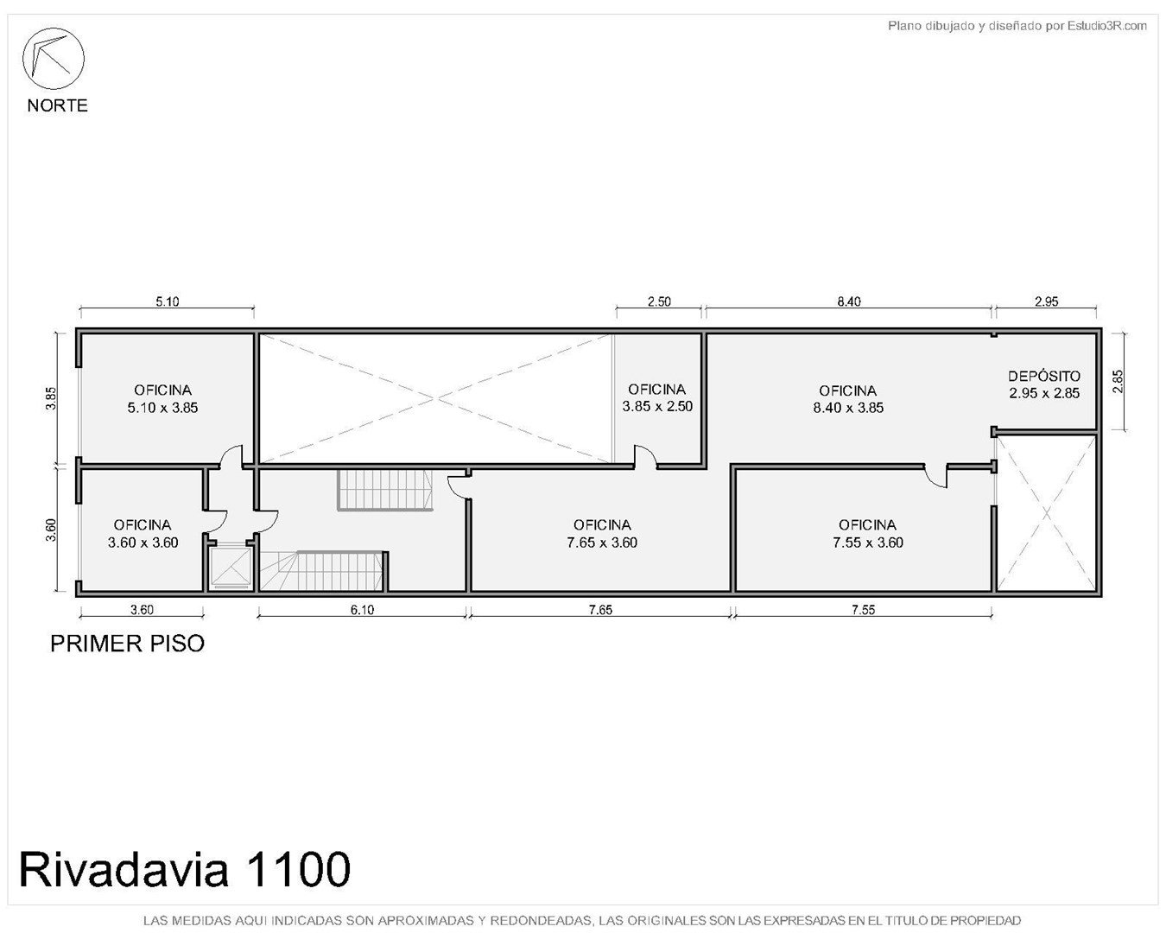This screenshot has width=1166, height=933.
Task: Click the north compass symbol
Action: (x=53, y=59)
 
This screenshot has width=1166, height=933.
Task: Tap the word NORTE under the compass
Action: (x=57, y=105)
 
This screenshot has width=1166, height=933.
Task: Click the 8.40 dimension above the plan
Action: (x=848, y=301)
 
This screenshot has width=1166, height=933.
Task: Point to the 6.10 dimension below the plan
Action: (x=362, y=610)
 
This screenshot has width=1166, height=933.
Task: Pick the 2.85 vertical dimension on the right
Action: (x=1118, y=381)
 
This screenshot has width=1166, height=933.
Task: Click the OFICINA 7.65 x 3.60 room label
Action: (x=602, y=534)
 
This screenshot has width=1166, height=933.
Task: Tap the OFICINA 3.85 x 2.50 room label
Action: (x=657, y=397)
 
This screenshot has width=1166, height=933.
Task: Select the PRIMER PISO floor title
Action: (x=127, y=644)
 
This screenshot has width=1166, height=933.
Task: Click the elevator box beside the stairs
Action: (x=231, y=568)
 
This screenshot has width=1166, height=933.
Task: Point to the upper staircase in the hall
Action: (x=385, y=490)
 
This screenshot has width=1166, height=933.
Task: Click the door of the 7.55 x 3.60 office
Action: (x=935, y=476)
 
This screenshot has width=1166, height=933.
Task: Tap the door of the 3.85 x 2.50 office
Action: (x=645, y=456)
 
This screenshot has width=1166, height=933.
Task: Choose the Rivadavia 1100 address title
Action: (x=185, y=870)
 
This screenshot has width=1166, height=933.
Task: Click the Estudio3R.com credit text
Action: (x=1017, y=25)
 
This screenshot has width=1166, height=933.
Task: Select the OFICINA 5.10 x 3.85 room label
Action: (x=162, y=398)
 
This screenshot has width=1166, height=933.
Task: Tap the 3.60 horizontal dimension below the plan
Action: (x=142, y=610)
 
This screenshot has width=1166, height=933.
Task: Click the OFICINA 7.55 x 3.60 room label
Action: (x=868, y=534)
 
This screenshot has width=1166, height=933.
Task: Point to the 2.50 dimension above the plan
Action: (x=659, y=301)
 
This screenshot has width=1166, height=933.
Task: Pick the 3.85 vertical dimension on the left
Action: (x=51, y=398)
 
